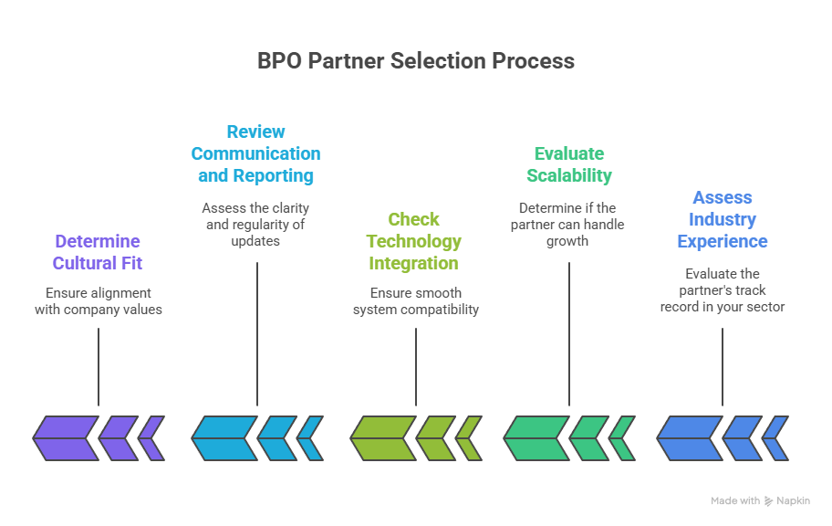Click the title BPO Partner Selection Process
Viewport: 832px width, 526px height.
(416, 61)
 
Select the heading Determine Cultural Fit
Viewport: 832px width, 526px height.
(98, 252)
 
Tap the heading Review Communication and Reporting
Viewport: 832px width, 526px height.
(255, 153)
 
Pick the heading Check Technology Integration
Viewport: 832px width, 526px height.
(414, 241)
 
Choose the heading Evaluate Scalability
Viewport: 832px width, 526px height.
(569, 164)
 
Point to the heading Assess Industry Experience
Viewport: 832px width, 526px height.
(722, 219)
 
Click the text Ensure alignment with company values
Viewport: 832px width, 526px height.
(98, 301)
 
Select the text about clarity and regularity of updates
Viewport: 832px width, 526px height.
(255, 225)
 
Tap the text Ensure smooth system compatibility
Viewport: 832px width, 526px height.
(415, 301)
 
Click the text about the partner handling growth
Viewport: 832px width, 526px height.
(569, 225)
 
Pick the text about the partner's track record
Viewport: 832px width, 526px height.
(722, 290)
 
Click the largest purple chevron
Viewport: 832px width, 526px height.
(66, 438)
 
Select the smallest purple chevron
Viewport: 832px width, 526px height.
(152, 438)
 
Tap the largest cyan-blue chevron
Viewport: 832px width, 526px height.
(224, 438)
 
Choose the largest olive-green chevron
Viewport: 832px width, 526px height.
(383, 438)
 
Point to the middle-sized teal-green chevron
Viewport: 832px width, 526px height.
(588, 438)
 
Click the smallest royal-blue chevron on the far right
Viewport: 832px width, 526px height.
(776, 438)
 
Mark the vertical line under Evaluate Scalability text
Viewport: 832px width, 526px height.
(569, 333)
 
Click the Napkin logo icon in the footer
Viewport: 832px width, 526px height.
(768, 501)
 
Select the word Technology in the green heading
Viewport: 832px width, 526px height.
(414, 241)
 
